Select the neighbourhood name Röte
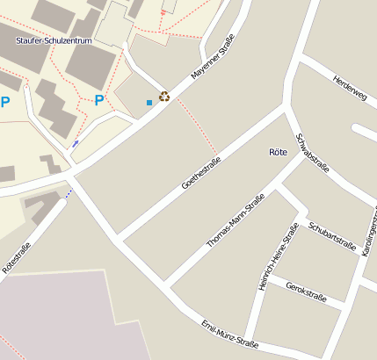[278, 152]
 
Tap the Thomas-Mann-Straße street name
[235, 224]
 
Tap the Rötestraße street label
[17, 259]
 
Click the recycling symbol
[163, 97]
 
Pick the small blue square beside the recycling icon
[149, 103]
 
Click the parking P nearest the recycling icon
[98, 100]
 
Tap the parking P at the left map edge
[5, 102]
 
